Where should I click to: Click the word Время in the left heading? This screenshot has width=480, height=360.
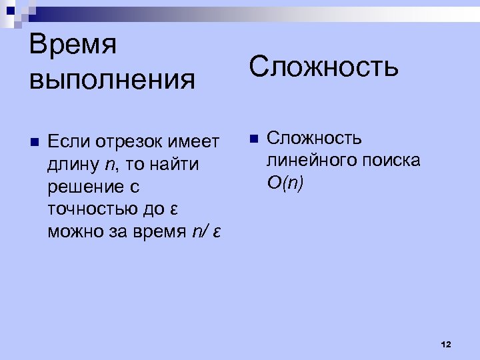coord(73,45)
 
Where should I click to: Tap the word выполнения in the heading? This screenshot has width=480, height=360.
coord(113,80)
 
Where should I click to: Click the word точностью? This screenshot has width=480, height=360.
coord(91,209)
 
